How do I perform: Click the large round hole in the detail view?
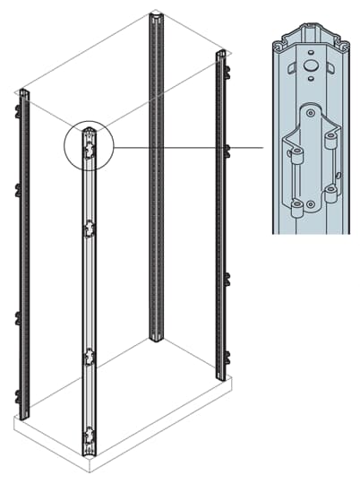[309, 65]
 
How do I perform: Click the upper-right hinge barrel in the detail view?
[330, 139]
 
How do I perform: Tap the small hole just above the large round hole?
[309, 51]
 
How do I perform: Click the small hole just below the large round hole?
[309, 83]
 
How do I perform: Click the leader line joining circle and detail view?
[188, 146]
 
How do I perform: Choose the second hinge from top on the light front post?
[89, 230]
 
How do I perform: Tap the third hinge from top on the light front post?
[89, 358]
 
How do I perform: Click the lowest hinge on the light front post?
[89, 438]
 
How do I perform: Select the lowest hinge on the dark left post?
[18, 395]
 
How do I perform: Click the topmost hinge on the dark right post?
[227, 68]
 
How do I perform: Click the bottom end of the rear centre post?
[157, 339]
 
